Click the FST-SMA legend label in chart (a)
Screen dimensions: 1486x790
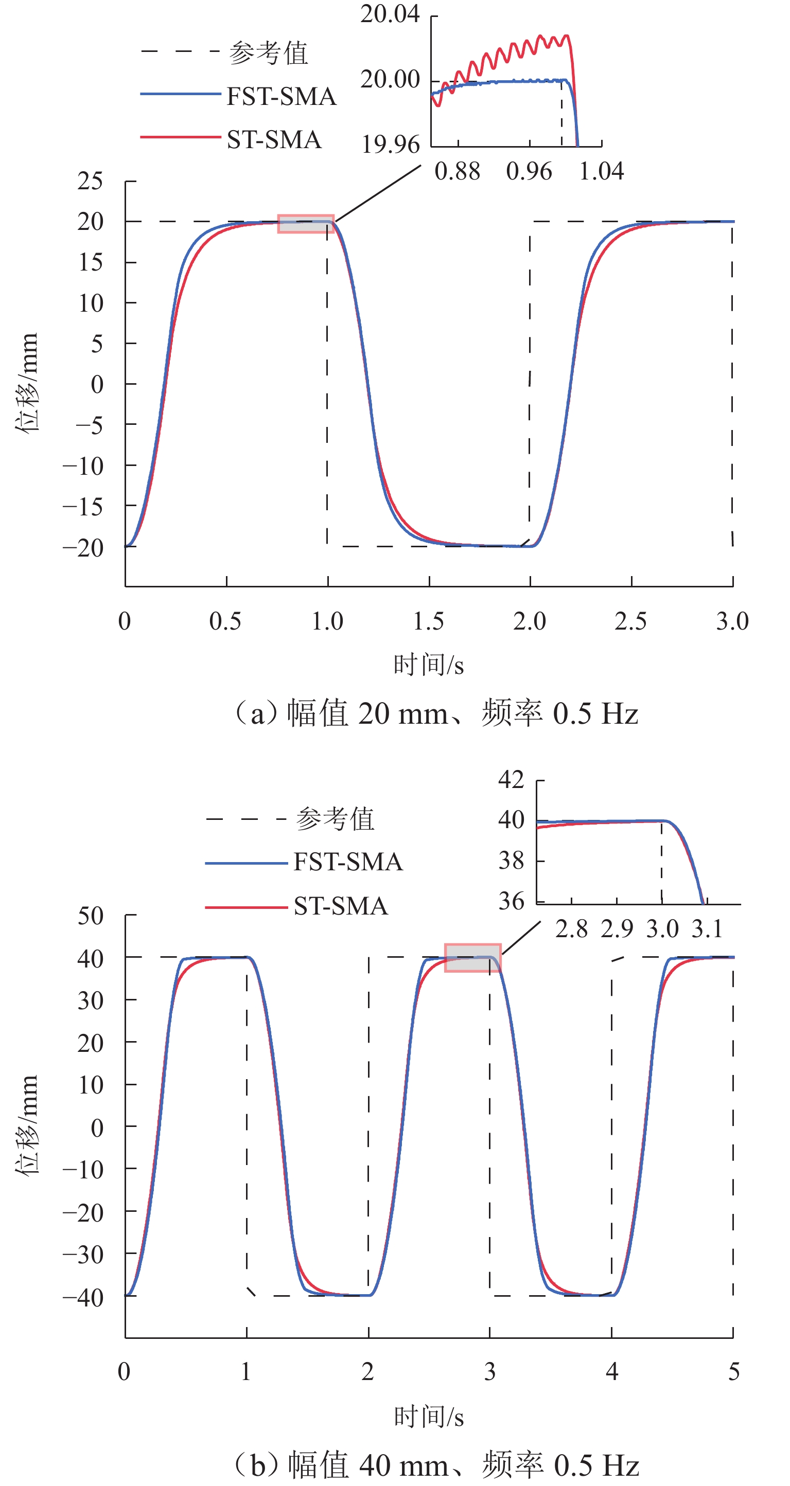coord(281,96)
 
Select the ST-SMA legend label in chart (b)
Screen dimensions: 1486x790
coord(341,906)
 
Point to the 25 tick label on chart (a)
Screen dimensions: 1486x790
coord(91,182)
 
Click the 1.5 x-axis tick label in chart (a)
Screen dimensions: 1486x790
coord(429,621)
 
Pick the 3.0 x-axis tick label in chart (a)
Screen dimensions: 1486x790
coord(732,621)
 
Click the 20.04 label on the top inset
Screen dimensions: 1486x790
coord(390,14)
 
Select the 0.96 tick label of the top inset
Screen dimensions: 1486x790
coord(529,171)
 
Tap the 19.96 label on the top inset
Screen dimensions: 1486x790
coord(390,144)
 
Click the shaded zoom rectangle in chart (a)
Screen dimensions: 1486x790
coord(305,224)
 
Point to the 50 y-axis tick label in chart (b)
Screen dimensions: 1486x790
coord(91,916)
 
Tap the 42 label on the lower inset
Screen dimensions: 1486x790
coord(511,780)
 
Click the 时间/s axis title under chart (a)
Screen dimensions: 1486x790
coord(429,665)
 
